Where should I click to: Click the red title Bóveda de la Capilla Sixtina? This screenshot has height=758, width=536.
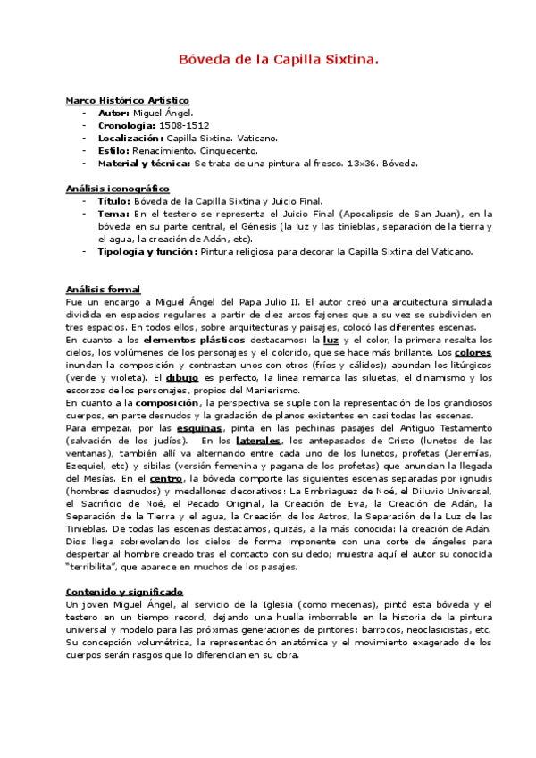(x=268, y=60)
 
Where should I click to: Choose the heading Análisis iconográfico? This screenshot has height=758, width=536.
(x=118, y=189)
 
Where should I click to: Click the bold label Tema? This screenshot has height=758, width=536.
(x=113, y=215)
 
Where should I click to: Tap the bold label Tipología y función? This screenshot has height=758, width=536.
(x=147, y=251)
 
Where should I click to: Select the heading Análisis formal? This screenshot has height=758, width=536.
(x=103, y=290)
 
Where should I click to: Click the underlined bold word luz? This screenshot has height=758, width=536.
(x=331, y=340)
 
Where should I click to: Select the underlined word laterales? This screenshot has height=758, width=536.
(x=258, y=440)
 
